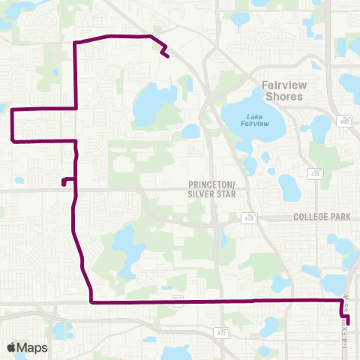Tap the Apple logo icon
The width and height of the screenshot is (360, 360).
[11, 347]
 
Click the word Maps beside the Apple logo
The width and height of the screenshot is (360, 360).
[32, 347]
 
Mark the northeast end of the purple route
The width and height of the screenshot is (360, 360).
[166, 55]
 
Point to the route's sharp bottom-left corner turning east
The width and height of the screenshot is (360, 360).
[91, 302]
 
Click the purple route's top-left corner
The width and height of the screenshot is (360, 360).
[75, 43]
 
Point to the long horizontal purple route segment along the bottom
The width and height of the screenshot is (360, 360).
[217, 301]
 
